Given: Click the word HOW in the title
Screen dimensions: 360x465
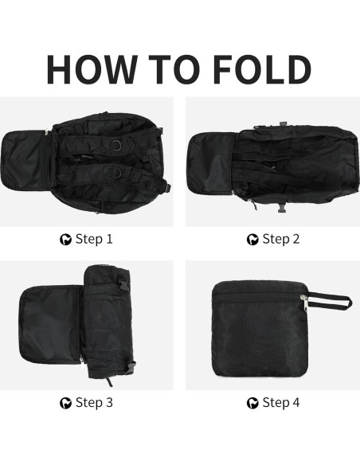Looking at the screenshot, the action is click(x=92, y=69).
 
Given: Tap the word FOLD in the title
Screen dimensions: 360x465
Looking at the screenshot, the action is click(x=262, y=69).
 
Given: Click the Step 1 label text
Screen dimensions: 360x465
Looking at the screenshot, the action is click(x=94, y=239).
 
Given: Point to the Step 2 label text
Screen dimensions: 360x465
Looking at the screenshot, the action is click(x=281, y=239).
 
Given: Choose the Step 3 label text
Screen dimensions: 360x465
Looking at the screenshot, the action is click(x=94, y=403).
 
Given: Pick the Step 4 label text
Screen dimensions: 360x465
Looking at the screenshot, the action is click(x=281, y=403).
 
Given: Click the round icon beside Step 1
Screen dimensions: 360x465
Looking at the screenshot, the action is click(x=65, y=240).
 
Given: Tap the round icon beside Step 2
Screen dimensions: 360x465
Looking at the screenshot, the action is click(x=252, y=240).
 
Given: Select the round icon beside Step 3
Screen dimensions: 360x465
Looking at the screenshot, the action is click(x=65, y=404).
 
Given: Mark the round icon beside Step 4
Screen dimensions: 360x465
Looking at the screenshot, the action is click(x=252, y=404).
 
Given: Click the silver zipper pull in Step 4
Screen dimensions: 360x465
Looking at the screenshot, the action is click(x=304, y=303).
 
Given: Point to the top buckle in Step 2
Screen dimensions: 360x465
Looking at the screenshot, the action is click(x=284, y=124).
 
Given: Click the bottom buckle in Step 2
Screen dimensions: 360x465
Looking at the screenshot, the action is click(x=282, y=208).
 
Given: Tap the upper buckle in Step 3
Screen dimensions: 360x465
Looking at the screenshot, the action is click(x=125, y=285).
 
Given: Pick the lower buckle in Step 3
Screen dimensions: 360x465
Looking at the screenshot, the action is click(x=131, y=367).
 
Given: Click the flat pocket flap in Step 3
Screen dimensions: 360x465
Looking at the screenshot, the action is click(x=50, y=325).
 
